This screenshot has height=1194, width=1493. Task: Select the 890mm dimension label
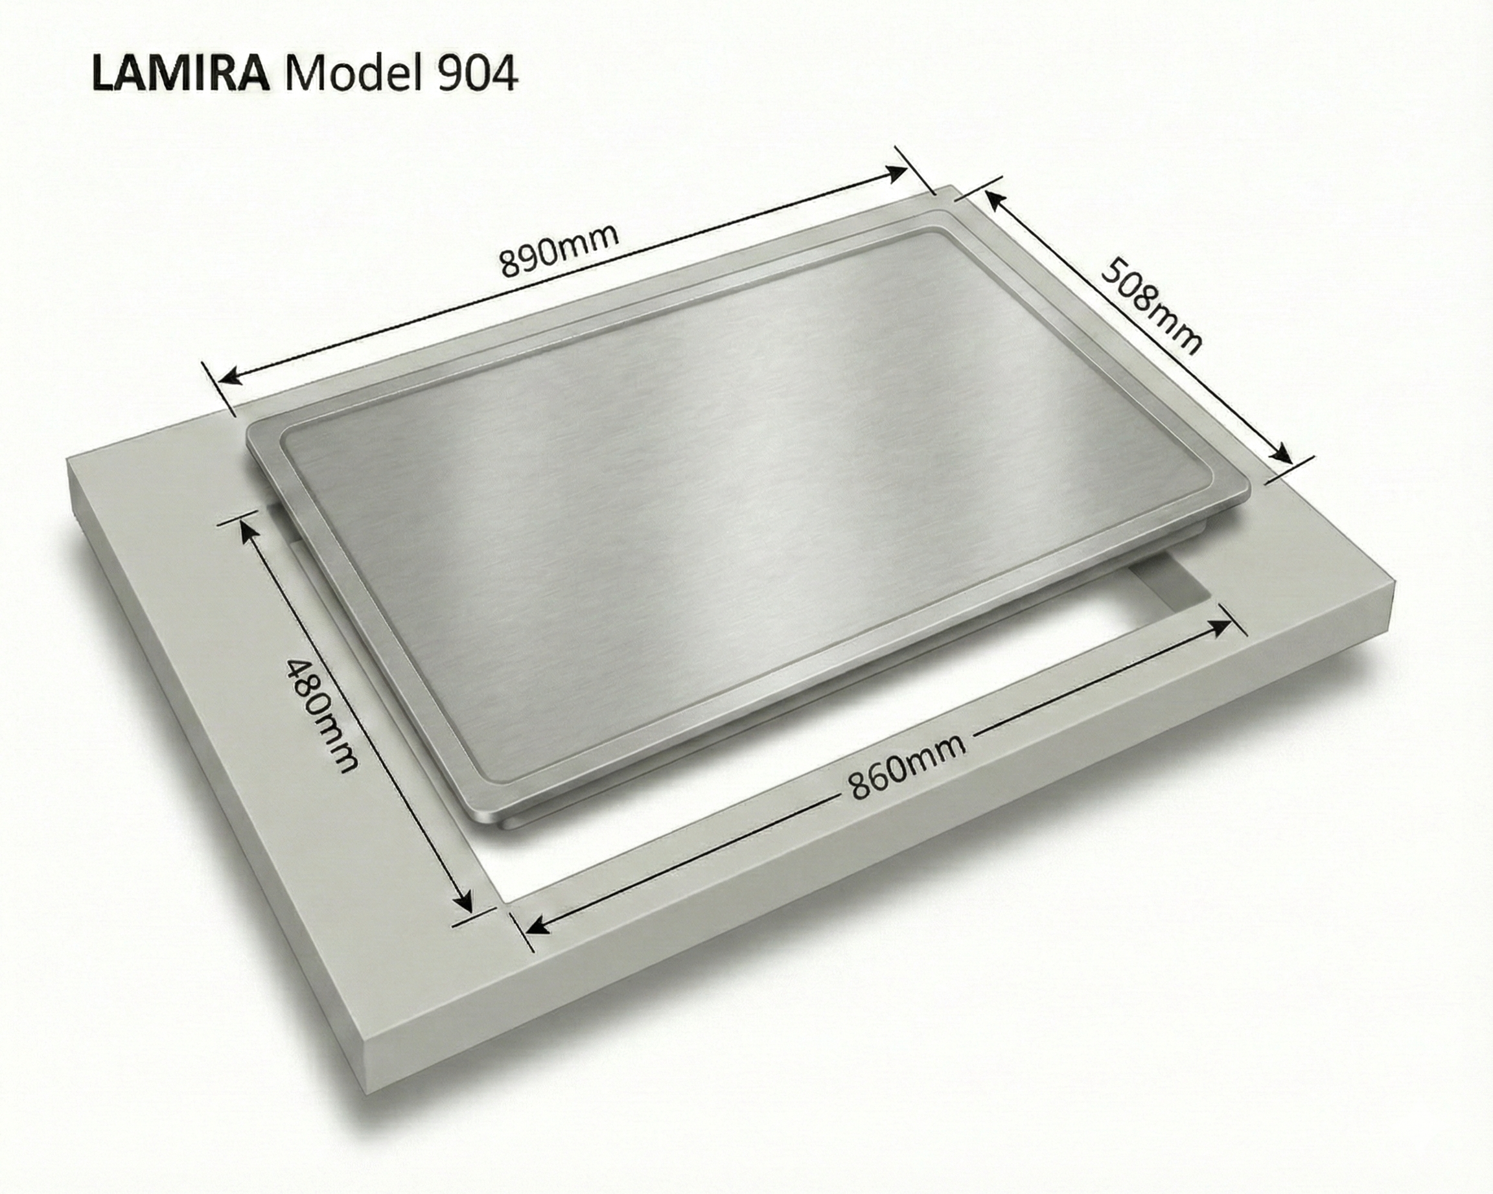click(558, 250)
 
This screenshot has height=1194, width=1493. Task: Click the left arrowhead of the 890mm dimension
click(229, 376)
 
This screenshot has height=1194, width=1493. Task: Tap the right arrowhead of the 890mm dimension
click(896, 173)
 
